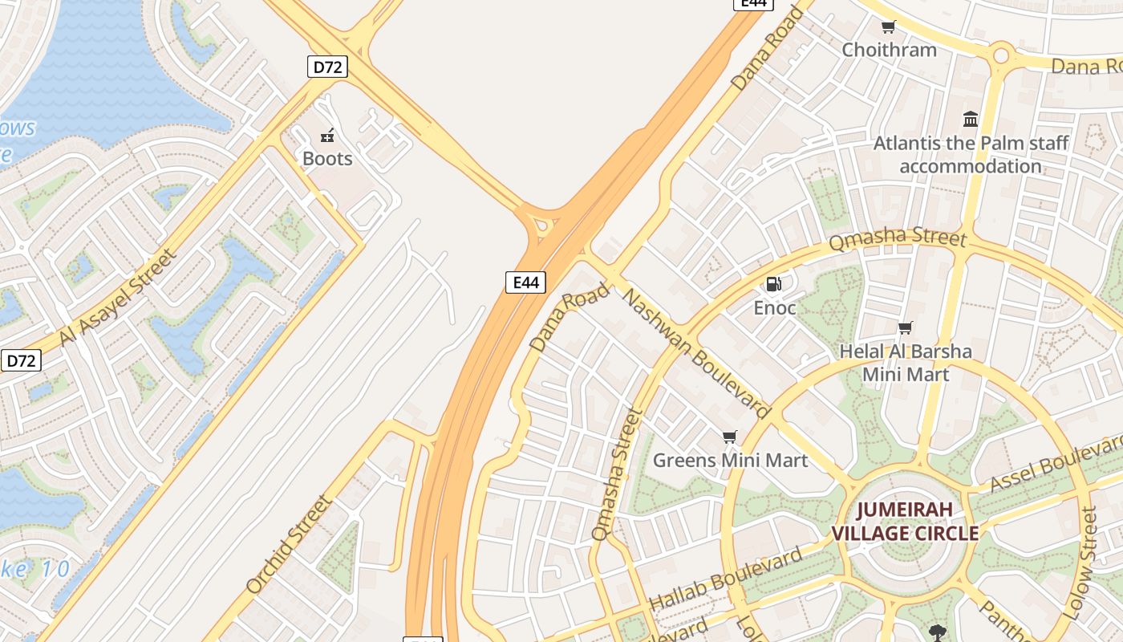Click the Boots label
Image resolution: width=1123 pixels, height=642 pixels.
(327, 158)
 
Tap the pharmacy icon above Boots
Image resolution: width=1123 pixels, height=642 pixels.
(327, 135)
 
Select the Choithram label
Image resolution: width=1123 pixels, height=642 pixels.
(889, 50)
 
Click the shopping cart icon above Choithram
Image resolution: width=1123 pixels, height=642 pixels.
(888, 27)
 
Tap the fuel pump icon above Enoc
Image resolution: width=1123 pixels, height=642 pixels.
(774, 284)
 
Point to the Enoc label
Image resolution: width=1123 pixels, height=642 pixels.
(775, 307)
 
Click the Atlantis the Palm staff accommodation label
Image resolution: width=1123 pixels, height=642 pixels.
(971, 155)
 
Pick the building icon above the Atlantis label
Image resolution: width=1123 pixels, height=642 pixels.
(971, 120)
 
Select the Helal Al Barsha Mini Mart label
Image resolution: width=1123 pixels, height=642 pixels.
(906, 363)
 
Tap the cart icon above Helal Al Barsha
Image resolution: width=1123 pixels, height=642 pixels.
(906, 327)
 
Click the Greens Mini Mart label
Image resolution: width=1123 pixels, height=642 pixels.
(730, 460)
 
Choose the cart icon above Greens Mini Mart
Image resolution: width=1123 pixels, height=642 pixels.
(729, 437)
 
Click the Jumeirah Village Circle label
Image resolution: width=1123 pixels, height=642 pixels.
(905, 521)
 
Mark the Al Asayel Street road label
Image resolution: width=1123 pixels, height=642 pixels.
(118, 297)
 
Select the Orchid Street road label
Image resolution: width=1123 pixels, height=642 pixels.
(289, 544)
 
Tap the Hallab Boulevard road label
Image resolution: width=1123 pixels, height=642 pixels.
(725, 578)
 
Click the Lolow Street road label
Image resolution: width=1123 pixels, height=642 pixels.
(1079, 562)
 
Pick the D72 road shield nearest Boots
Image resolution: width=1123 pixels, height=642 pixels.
(327, 67)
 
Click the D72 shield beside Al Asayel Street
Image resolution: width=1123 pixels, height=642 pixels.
(21, 360)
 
